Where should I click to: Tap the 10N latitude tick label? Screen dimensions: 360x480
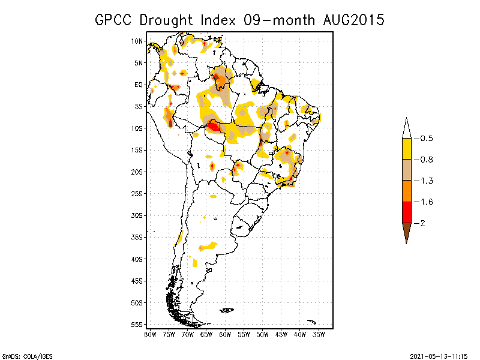[x=137, y=41]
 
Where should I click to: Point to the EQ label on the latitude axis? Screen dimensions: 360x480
[x=139, y=85]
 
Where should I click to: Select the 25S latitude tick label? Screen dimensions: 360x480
[x=137, y=193]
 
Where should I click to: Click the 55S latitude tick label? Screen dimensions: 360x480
[x=137, y=324]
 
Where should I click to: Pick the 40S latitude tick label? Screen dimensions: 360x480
[x=137, y=259]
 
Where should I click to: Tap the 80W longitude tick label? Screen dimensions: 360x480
[x=150, y=334]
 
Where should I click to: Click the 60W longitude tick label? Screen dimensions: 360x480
[x=225, y=334]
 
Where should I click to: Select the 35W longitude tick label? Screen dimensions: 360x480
[x=319, y=334]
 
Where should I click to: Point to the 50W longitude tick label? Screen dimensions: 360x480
[x=262, y=334]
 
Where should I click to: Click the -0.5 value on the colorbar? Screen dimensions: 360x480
[x=424, y=139]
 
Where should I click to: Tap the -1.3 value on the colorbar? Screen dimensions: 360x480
[x=424, y=181]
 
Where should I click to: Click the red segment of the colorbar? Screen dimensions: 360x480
[x=406, y=212]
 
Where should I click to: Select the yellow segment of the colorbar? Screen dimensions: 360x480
[x=406, y=149]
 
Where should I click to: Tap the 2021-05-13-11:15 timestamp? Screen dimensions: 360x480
[x=439, y=356]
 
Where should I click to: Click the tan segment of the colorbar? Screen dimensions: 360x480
[x=406, y=170]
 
